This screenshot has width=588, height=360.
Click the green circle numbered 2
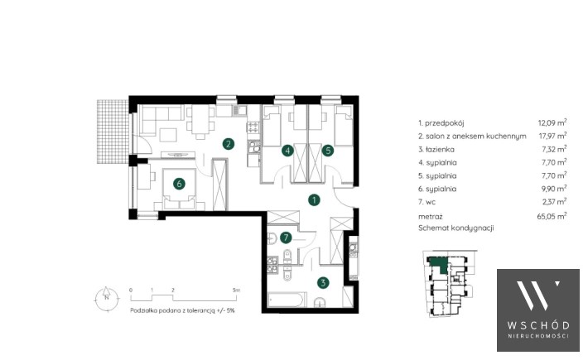pyautogui.click(x=228, y=143)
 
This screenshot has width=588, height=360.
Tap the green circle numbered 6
pyautogui.click(x=179, y=184)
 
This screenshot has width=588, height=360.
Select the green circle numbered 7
pyautogui.click(x=286, y=238)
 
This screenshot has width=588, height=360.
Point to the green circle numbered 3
pyautogui.click(x=323, y=282)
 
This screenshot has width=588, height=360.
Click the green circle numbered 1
pyautogui.click(x=314, y=200)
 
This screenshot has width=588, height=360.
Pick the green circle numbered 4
pyautogui.click(x=287, y=151)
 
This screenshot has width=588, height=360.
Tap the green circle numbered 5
pyautogui.click(x=328, y=151)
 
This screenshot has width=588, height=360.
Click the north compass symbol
pyautogui.click(x=107, y=298)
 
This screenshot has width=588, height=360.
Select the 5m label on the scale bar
pyautogui.click(x=236, y=290)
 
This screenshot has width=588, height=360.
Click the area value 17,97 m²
pyautogui.click(x=552, y=135)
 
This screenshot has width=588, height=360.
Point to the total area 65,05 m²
pyautogui.click(x=552, y=216)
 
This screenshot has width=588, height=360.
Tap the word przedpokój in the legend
pyautogui.click(x=445, y=123)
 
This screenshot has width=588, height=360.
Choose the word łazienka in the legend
pyautogui.click(x=440, y=150)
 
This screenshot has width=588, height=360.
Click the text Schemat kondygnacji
pyautogui.click(x=456, y=228)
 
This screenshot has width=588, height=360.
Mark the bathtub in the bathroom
pyautogui.click(x=287, y=300)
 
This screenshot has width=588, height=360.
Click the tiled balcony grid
pyautogui.click(x=113, y=131)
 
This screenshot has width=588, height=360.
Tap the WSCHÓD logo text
pyautogui.click(x=538, y=325)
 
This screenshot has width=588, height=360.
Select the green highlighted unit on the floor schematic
pyautogui.click(x=439, y=265)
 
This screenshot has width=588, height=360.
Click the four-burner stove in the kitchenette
pyautogui.click(x=253, y=127)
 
